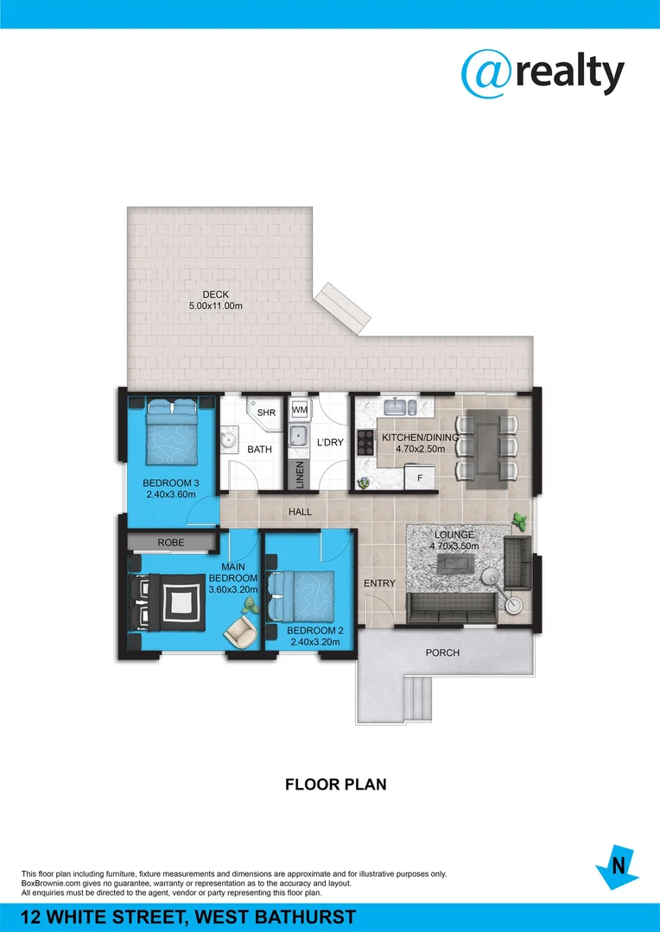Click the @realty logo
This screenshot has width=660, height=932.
coord(542,74)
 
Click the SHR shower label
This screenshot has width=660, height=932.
coord(266,412)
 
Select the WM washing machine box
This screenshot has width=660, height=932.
coord(300,409)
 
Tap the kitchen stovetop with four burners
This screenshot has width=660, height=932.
coord(365,442)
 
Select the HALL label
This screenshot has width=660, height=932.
coord(300,512)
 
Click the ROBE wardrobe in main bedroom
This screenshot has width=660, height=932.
coord(171,543)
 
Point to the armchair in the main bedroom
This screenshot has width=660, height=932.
coord(241,632)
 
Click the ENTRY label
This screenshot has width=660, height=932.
coord(379,583)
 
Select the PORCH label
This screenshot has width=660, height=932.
coord(442,652)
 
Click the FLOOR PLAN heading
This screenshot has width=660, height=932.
coord(335,784)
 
